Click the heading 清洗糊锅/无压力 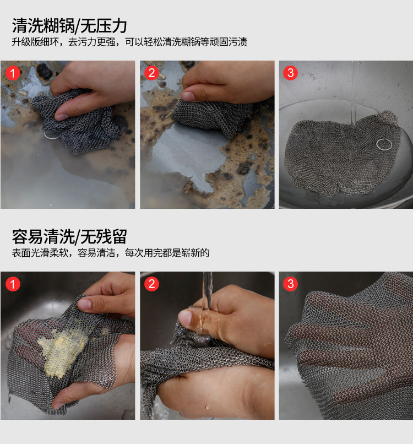click(x=69, y=26)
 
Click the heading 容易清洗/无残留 click(x=69, y=237)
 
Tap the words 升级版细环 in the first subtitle click(x=35, y=42)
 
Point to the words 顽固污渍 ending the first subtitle click(x=228, y=42)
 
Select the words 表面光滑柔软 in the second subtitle click(x=40, y=253)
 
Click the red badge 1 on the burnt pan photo click(x=13, y=73)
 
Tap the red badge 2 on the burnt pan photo click(x=152, y=73)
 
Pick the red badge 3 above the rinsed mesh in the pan click(x=290, y=73)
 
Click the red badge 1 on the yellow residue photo click(x=13, y=284)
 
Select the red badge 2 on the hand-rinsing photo click(x=152, y=284)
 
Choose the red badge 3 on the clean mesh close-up click(x=290, y=284)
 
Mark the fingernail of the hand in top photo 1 click(x=62, y=116)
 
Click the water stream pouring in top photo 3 click(x=354, y=94)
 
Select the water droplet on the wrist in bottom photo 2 click(x=208, y=407)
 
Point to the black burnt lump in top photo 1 click(x=44, y=71)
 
